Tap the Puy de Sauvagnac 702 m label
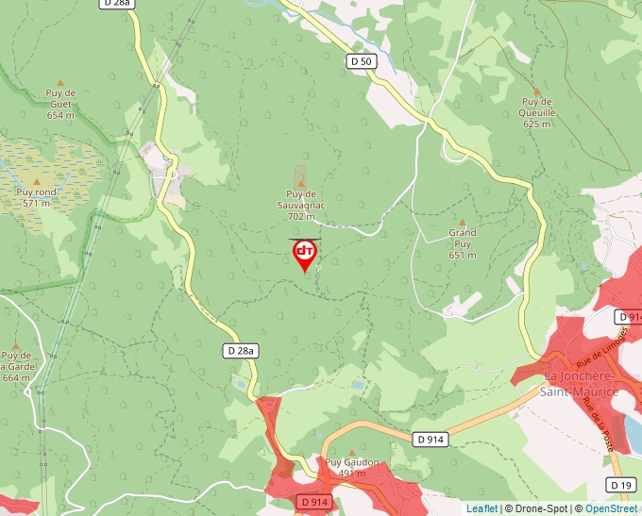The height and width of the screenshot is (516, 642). click(300, 205)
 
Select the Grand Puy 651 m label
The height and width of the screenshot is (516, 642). click(463, 243)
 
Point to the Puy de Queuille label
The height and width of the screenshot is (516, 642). click(537, 112)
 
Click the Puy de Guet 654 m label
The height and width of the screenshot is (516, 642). click(60, 104)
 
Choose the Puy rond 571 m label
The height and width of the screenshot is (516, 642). click(37, 197)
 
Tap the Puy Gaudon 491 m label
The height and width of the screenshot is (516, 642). click(352, 467)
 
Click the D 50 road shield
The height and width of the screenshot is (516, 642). click(362, 61)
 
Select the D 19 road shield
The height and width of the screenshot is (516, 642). click(620, 485)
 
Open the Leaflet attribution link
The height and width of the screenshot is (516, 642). click(481, 508)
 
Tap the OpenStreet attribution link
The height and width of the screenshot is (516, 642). click(611, 508)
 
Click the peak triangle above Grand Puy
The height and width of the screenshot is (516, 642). click(463, 221)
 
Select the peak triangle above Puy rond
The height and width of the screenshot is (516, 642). click(37, 180)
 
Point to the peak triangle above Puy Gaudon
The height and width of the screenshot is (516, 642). click(352, 452)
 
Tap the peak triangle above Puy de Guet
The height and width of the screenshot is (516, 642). click(60, 83)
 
